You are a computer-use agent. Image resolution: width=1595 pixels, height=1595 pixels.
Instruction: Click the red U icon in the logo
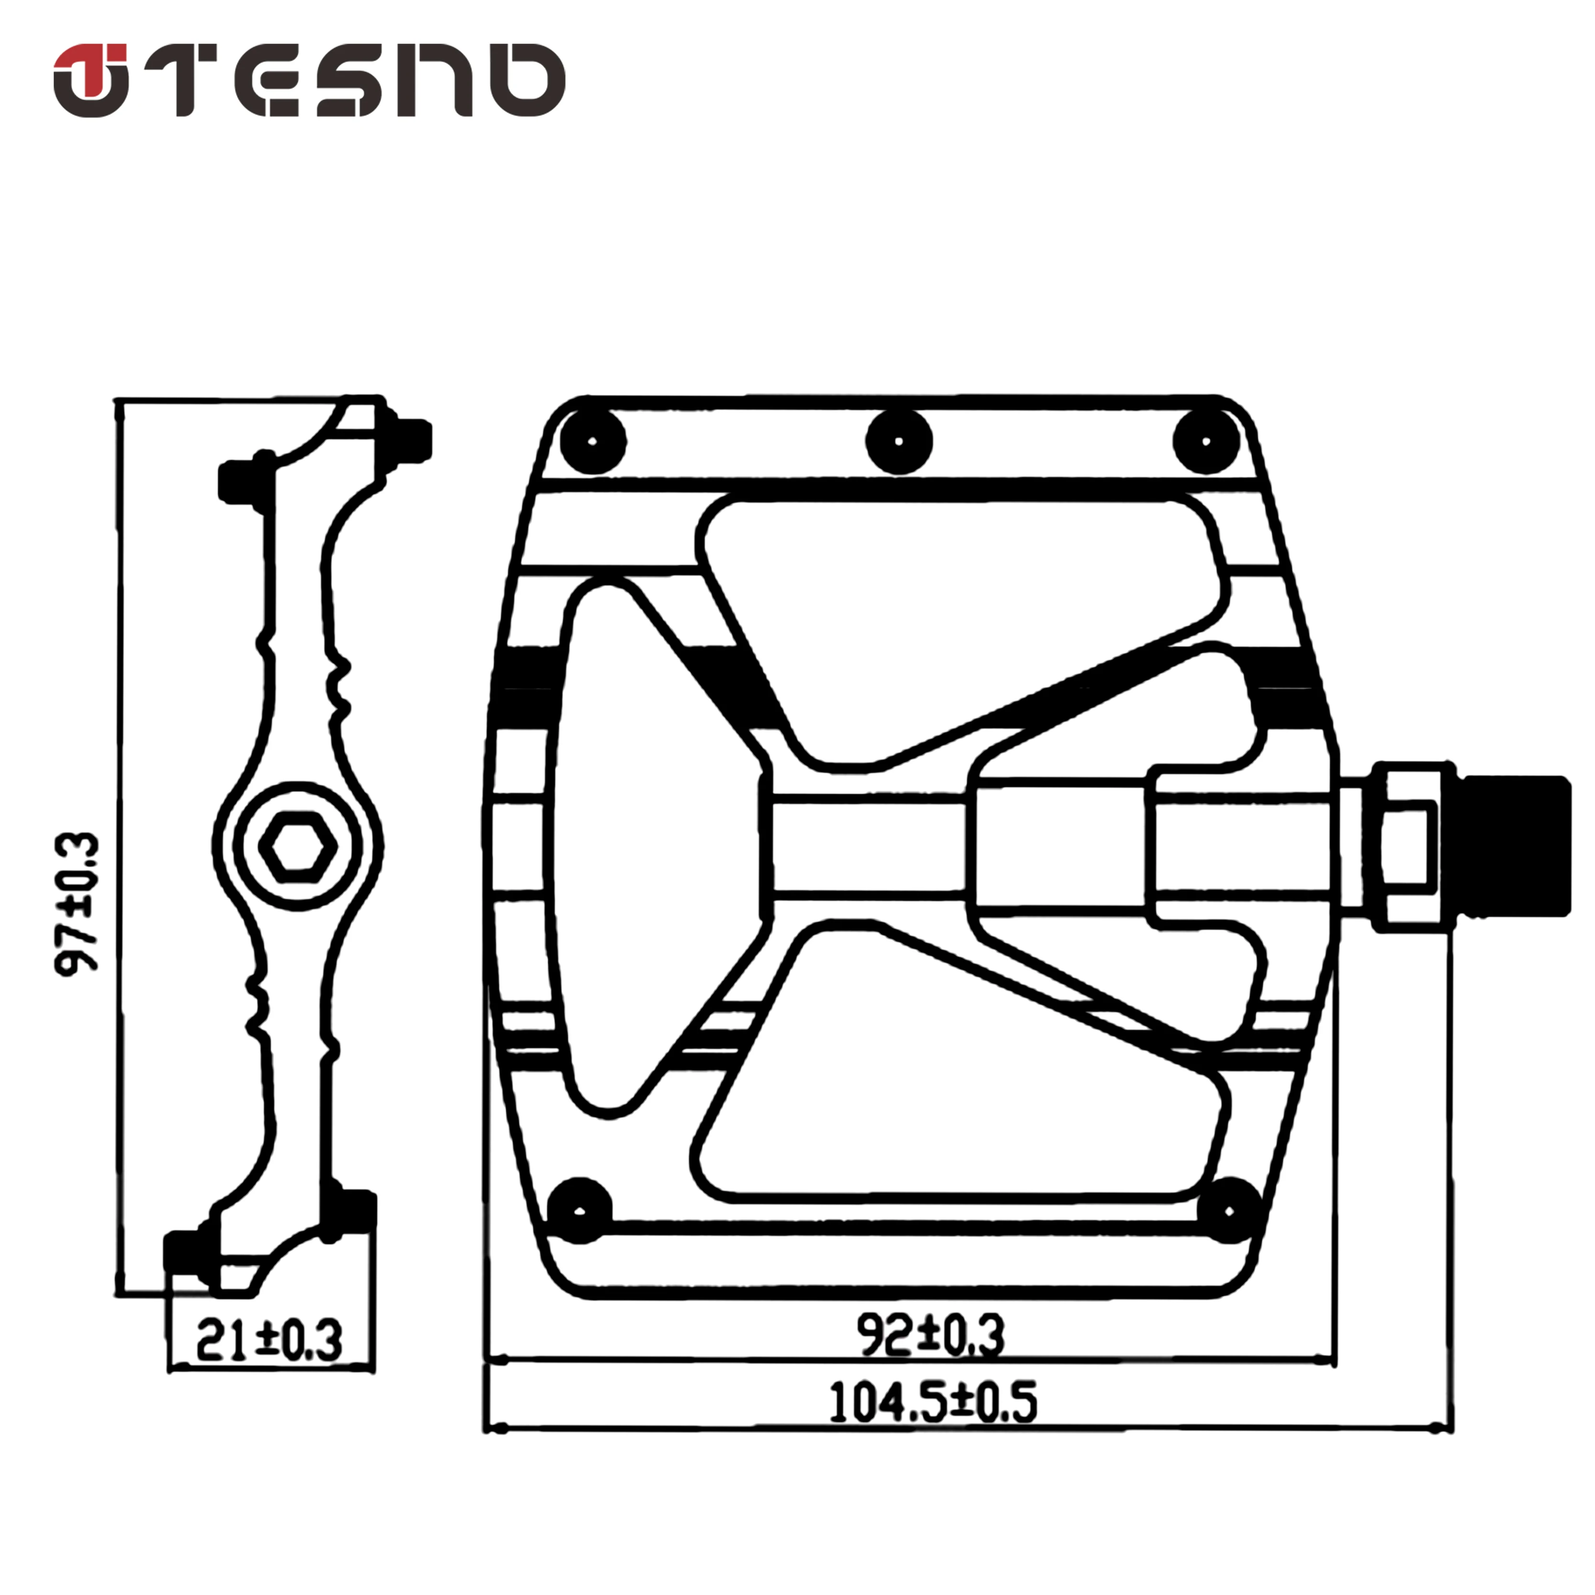click(91, 79)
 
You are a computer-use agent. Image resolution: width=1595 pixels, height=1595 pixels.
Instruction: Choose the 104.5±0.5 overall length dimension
click(933, 1403)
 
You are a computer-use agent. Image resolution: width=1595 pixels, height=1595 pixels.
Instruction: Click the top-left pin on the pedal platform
click(593, 442)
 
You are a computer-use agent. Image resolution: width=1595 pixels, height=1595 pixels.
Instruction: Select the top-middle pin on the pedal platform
click(899, 442)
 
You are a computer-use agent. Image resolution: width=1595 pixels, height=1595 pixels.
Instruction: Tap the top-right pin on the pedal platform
click(1206, 442)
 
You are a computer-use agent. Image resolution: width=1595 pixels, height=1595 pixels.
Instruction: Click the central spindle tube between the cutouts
click(867, 846)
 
